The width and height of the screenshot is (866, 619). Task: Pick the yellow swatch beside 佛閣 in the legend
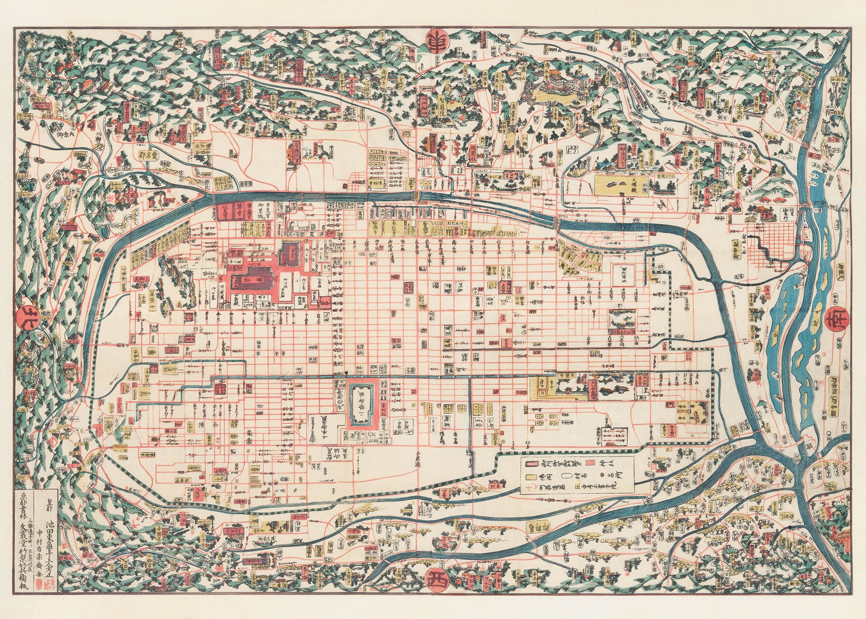click(x=531, y=477)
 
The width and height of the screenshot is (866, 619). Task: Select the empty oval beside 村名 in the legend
click(x=567, y=476)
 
